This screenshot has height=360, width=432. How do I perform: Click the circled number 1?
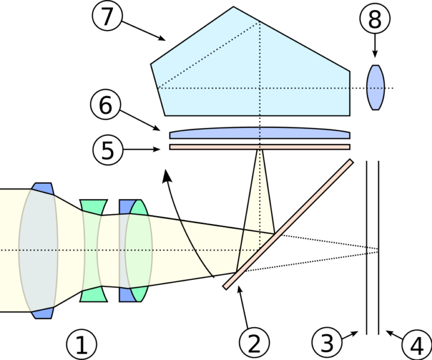click(81, 345)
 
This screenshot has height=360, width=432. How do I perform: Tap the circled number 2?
click(254, 344)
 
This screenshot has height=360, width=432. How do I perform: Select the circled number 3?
click(327, 343)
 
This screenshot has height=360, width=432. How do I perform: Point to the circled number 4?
click(416, 346)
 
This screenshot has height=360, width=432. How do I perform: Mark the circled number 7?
click(108, 17)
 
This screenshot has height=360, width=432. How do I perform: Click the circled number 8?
click(374, 20)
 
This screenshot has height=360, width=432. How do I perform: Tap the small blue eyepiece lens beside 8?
click(375, 88)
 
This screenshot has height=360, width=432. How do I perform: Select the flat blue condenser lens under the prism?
click(259, 134)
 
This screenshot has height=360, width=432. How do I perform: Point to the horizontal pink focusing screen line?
click(259, 147)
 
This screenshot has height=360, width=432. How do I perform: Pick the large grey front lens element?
click(39, 251)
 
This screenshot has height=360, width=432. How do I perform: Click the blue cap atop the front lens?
click(43, 188)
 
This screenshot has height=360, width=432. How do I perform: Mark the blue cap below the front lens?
click(43, 313)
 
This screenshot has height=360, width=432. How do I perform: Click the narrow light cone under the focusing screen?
click(260, 190)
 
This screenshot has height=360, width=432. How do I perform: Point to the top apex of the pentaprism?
click(233, 9)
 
